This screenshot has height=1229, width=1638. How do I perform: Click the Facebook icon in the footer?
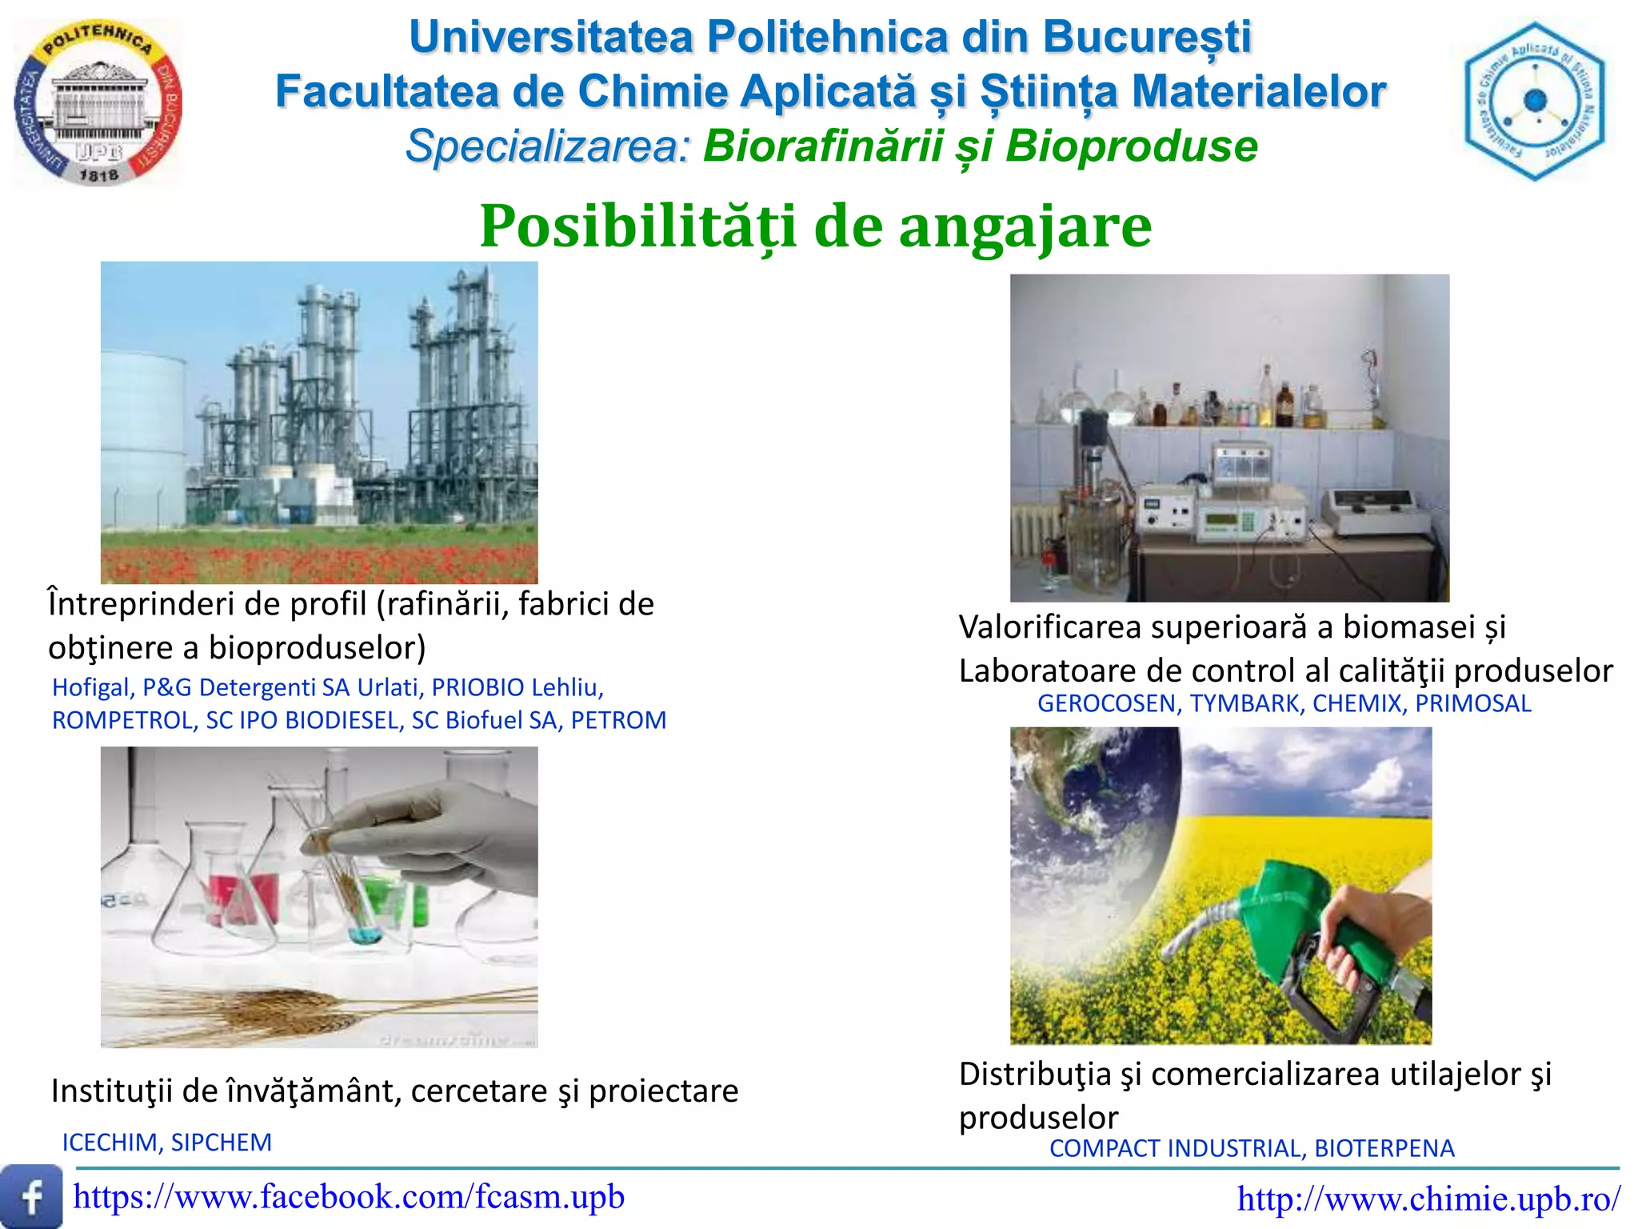pyautogui.click(x=31, y=1196)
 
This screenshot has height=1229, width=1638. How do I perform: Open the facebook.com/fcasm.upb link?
pyautogui.click(x=349, y=1197)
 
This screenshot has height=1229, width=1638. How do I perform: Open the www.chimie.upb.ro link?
pyautogui.click(x=1428, y=1199)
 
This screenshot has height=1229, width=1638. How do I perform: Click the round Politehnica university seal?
pyautogui.click(x=98, y=102)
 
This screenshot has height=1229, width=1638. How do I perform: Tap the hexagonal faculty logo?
pyautogui.click(x=1534, y=102)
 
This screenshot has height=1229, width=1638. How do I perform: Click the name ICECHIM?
pyautogui.click(x=110, y=1143)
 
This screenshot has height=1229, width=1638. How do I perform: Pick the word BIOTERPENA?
pyautogui.click(x=1384, y=1148)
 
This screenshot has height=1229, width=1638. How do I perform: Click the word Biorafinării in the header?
pyautogui.click(x=823, y=146)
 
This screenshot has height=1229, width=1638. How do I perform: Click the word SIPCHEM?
pyautogui.click(x=222, y=1143)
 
